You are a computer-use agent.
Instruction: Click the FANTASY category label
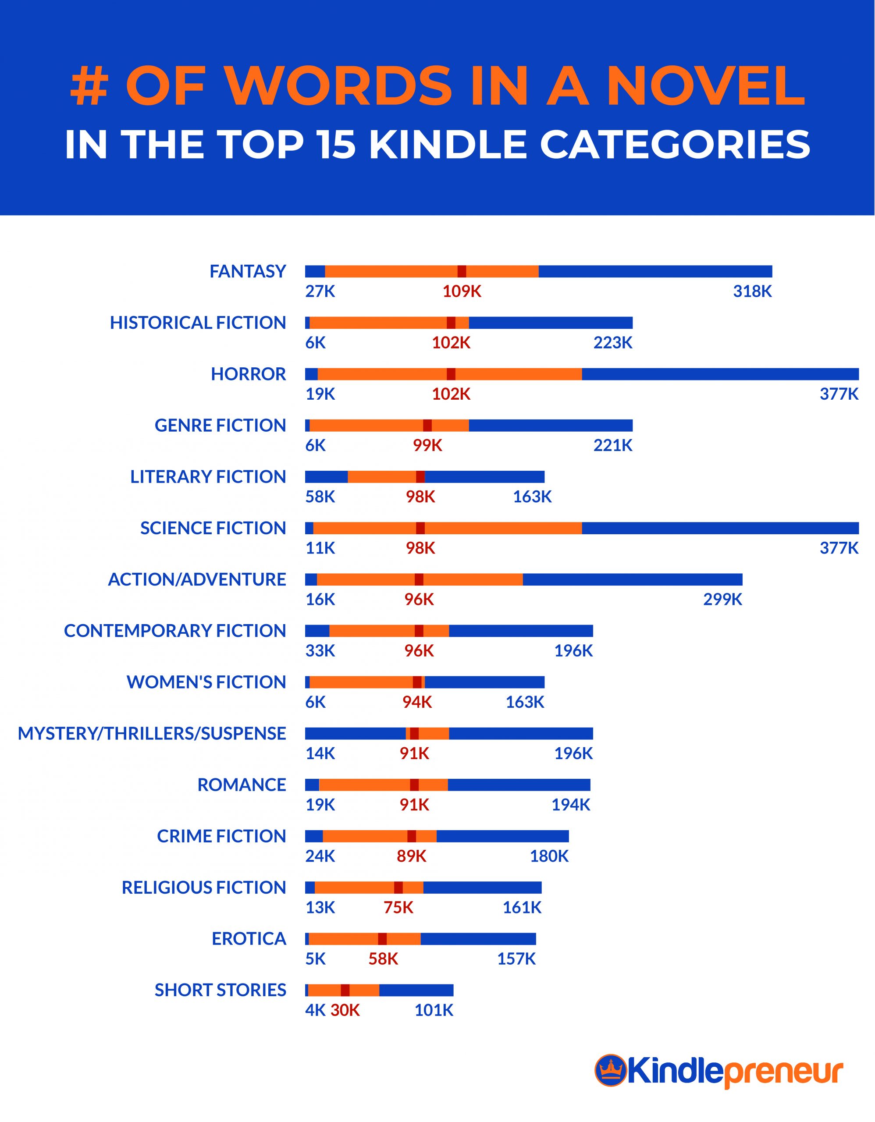pyautogui.click(x=247, y=271)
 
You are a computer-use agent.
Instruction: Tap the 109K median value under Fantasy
pyautogui.click(x=462, y=292)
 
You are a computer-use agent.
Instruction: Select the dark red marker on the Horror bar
pyautogui.click(x=451, y=374)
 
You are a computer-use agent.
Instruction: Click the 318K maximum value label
pyautogui.click(x=752, y=292)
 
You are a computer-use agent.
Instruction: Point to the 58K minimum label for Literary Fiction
pyautogui.click(x=320, y=497)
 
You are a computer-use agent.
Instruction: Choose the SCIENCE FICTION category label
pyautogui.click(x=213, y=528)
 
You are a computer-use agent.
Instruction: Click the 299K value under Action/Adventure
pyautogui.click(x=722, y=600)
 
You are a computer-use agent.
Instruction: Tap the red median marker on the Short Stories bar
pyautogui.click(x=345, y=990)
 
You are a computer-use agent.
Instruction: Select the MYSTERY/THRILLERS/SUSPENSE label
pyautogui.click(x=152, y=734)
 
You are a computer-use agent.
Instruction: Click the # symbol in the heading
pyautogui.click(x=89, y=86)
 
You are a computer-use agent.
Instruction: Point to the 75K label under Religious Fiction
pyautogui.click(x=398, y=908)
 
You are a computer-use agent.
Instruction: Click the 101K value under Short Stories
pyautogui.click(x=434, y=1011)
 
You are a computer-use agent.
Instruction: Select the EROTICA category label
pyautogui.click(x=249, y=939)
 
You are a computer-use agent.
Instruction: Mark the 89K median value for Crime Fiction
pyautogui.click(x=411, y=856)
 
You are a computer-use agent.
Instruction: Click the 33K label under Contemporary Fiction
pyautogui.click(x=320, y=651)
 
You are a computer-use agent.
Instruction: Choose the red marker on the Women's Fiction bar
pyautogui.click(x=417, y=682)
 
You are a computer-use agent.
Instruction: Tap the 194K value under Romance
pyautogui.click(x=570, y=805)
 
